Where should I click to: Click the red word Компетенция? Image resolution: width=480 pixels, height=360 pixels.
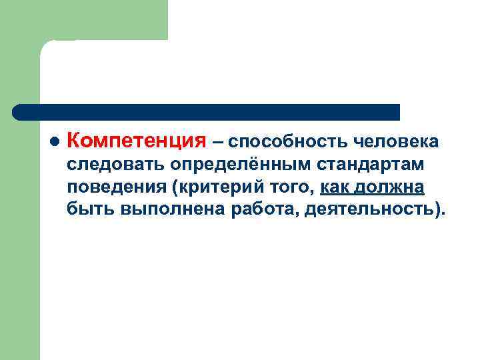(x=137, y=141)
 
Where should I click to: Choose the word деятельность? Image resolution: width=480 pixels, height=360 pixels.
(x=369, y=210)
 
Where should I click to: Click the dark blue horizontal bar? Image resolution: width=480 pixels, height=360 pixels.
(x=207, y=112)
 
